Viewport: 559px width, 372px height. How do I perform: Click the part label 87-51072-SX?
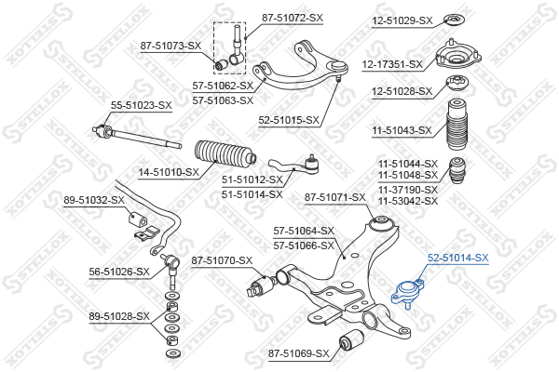pyautogui.click(x=292, y=18)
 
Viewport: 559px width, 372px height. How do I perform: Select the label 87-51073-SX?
pyautogui.click(x=170, y=46)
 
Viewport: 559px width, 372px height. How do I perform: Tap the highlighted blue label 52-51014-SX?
pyautogui.click(x=457, y=257)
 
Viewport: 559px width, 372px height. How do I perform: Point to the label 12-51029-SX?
pyautogui.click(x=402, y=20)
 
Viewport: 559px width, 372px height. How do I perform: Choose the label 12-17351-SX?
pyautogui.click(x=392, y=64)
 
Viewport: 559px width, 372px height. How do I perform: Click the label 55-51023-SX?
pyautogui.click(x=142, y=106)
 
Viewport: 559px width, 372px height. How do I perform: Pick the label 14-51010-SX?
pyautogui.click(x=169, y=172)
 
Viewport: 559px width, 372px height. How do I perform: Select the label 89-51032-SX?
pyautogui.click(x=93, y=200)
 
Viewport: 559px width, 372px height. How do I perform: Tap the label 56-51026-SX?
pyautogui.click(x=119, y=272)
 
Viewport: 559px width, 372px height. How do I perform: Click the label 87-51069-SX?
pyautogui.click(x=298, y=353)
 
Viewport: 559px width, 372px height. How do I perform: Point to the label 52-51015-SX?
pyautogui.click(x=289, y=120)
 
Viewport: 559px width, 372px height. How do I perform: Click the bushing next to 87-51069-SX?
pyautogui.click(x=353, y=340)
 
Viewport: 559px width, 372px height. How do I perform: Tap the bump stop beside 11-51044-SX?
pyautogui.click(x=457, y=174)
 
